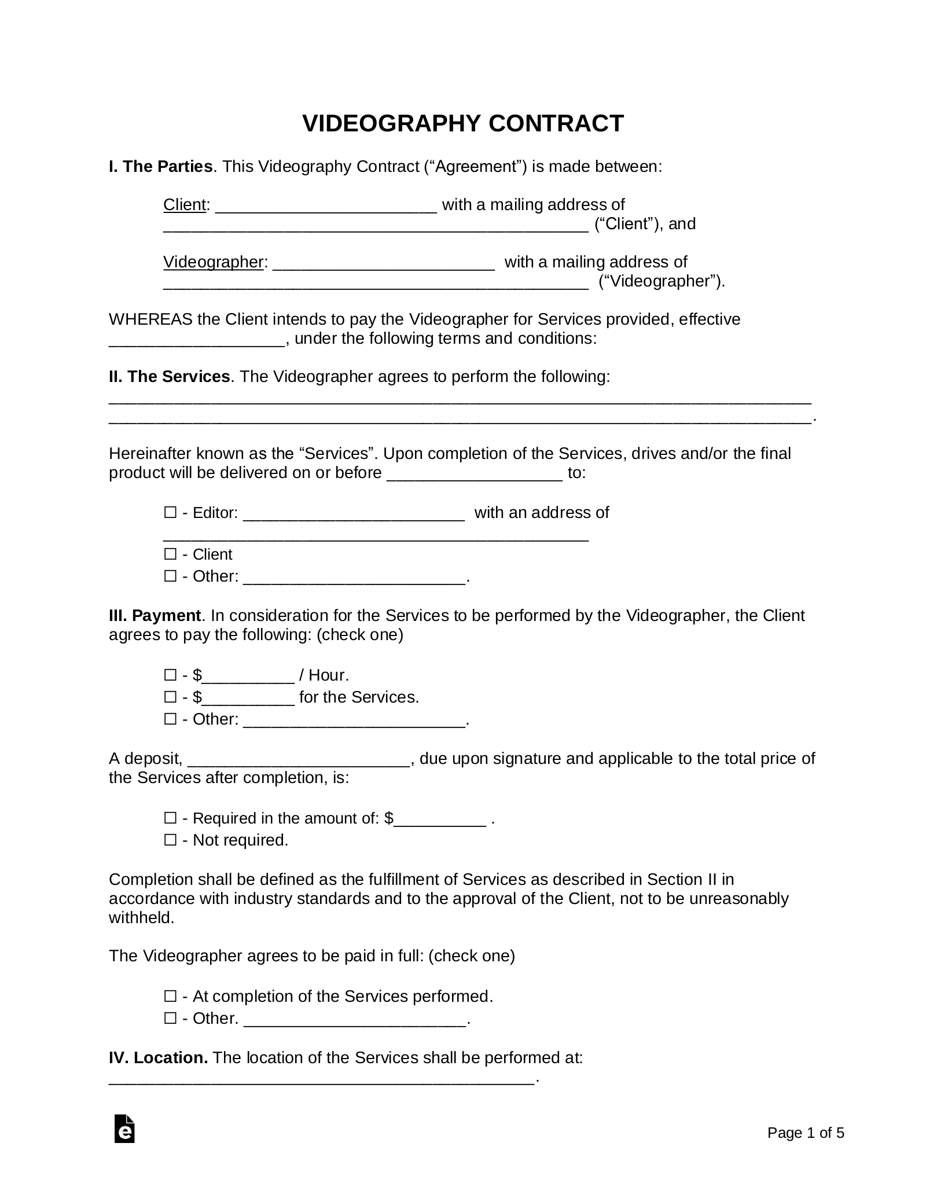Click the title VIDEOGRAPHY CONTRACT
[x=463, y=124]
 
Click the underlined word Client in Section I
[x=185, y=205]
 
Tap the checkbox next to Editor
[x=170, y=512]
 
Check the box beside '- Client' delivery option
[x=170, y=554]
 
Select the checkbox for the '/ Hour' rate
[x=170, y=675]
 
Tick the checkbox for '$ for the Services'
[x=170, y=697]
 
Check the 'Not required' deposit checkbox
[x=170, y=840]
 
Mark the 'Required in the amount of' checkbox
[x=170, y=818]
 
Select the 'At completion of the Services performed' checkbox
[x=170, y=996]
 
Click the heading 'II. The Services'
[x=169, y=377]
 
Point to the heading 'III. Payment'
[x=155, y=615]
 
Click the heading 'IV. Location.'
[x=158, y=1058]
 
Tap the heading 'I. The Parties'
[x=160, y=167]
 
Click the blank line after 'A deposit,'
[x=299, y=762]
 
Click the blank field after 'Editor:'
[x=354, y=515]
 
